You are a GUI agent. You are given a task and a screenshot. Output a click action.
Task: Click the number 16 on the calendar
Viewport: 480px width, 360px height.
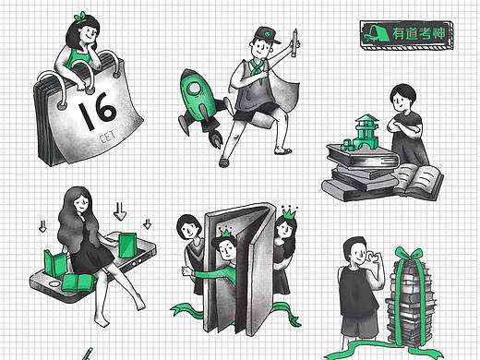click(97, 111)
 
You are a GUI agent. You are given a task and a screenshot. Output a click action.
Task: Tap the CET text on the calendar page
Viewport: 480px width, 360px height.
click(107, 137)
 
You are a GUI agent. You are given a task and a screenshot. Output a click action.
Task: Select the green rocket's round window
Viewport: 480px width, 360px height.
click(194, 89)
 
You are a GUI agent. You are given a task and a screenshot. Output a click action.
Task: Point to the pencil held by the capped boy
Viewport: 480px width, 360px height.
click(294, 42)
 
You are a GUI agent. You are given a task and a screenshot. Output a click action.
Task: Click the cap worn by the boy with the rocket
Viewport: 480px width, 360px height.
click(267, 35)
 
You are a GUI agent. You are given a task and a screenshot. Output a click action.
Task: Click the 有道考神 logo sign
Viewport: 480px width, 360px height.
click(406, 35)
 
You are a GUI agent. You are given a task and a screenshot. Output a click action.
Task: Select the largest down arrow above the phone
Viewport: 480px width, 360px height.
click(120, 211)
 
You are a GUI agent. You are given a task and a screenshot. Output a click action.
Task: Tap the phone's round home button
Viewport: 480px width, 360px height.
click(54, 283)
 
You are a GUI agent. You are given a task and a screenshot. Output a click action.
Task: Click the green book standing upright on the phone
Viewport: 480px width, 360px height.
click(127, 246)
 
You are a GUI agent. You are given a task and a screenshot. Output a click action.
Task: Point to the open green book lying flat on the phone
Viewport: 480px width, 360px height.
click(78, 282)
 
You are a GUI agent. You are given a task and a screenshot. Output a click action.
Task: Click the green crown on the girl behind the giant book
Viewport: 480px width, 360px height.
click(289, 212)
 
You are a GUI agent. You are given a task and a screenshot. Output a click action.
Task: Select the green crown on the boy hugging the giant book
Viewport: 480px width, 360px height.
click(225, 233)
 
